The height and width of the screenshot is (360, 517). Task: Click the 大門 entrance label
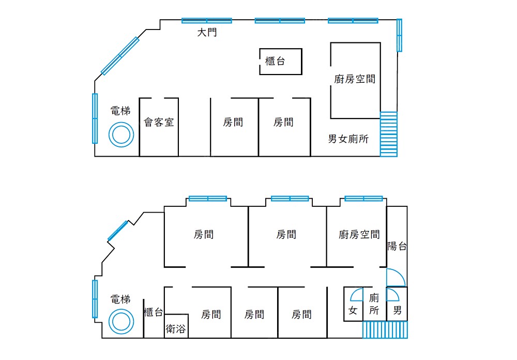click(x=207, y=33)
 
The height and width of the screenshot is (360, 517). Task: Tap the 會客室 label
click(x=159, y=123)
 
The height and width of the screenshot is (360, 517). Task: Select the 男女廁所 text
click(x=348, y=139)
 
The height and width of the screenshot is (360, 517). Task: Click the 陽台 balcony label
click(x=397, y=246)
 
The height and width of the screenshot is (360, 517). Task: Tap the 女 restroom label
click(x=353, y=310)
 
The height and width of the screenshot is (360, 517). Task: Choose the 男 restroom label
click(x=397, y=310)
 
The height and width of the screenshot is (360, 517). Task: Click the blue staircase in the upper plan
click(x=389, y=134)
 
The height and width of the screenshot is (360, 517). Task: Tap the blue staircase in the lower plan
click(x=385, y=330)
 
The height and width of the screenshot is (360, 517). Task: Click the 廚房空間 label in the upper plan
click(x=355, y=79)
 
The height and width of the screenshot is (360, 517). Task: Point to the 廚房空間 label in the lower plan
click(x=359, y=235)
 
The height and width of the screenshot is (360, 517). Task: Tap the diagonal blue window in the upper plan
click(x=120, y=56)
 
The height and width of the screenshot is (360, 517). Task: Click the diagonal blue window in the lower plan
click(x=118, y=230)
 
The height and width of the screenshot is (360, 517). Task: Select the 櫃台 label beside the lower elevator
click(x=154, y=312)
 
